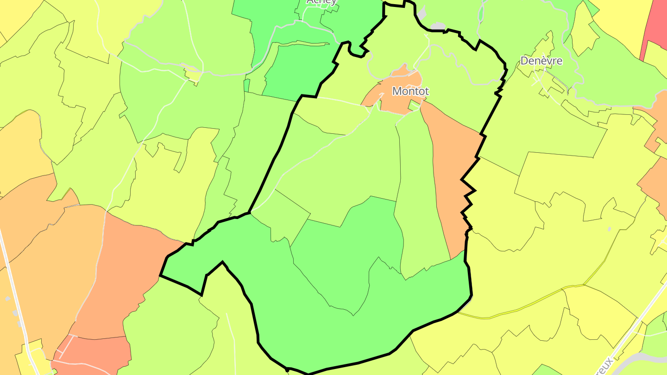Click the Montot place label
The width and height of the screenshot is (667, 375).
point(410,91)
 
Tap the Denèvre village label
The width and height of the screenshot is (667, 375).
point(541,61)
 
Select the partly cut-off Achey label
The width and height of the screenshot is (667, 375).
point(321,2)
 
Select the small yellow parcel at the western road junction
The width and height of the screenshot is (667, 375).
point(194,75)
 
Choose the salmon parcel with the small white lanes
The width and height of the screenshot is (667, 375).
point(93,354)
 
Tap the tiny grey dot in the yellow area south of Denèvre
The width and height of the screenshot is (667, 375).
point(609,229)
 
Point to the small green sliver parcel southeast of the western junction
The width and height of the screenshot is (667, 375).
point(247,86)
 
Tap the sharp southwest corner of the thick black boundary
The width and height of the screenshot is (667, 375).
point(161,276)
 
